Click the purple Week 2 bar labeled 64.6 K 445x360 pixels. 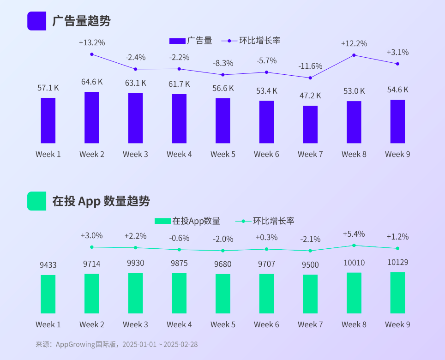92,117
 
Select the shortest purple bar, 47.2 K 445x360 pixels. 310,124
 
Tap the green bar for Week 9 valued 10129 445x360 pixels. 397,293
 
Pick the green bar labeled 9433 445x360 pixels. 48,294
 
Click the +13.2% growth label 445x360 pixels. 92,42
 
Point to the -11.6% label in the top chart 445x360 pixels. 310,66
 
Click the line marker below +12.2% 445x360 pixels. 354,55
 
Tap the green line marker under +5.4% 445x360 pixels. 354,246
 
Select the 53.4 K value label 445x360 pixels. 267,91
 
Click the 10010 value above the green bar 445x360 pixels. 354,263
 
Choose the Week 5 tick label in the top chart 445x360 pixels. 223,154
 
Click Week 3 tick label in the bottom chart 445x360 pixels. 135,324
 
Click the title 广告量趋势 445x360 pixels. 81,21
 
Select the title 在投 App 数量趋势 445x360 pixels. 101,201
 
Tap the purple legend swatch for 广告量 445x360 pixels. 177,41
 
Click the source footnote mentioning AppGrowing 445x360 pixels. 116,344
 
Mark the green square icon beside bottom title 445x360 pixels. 36,201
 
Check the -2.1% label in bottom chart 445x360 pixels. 310,239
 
